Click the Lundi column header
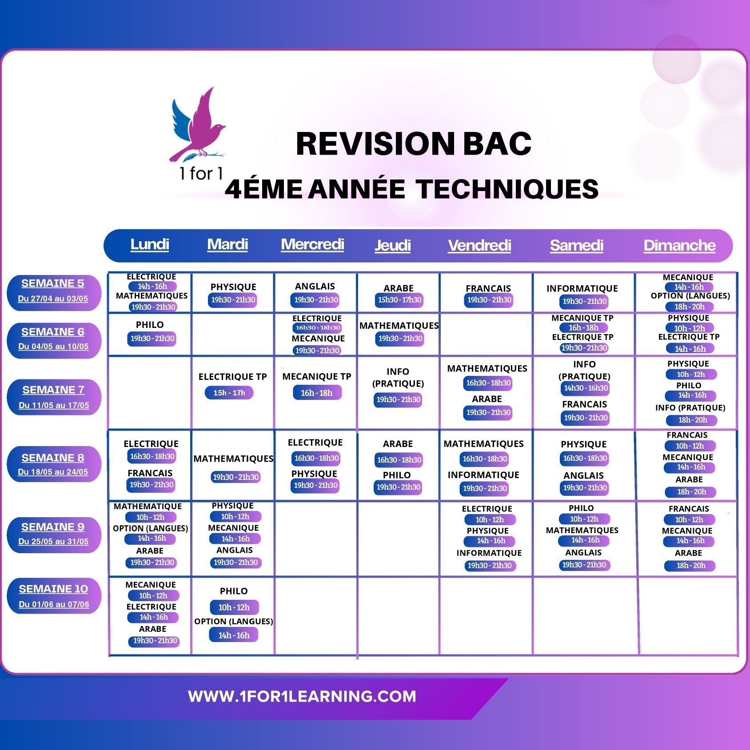(150, 244)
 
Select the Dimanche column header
(679, 245)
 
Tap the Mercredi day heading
(312, 244)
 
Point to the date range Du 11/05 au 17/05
(54, 405)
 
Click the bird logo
(198, 125)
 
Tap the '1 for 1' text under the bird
(201, 173)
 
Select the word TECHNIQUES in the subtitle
(507, 189)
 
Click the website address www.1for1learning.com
(302, 696)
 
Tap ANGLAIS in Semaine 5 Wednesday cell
(315, 287)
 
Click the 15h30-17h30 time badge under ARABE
(399, 300)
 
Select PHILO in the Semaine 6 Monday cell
(150, 325)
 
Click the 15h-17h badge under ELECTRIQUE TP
(229, 393)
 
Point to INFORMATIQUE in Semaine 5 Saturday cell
(582, 288)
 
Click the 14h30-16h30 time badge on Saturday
(586, 388)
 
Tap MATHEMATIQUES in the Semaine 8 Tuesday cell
(234, 459)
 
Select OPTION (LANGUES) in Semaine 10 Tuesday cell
(234, 621)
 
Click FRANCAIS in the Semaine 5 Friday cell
(488, 288)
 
